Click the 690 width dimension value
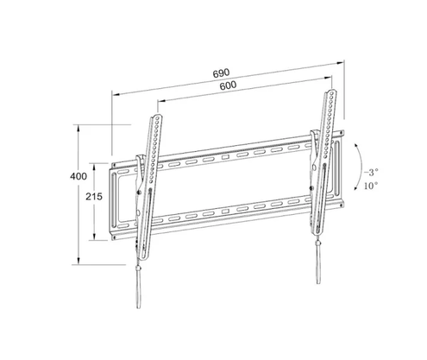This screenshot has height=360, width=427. pyautogui.click(x=222, y=74)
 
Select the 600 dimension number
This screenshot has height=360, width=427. pyautogui.click(x=228, y=86)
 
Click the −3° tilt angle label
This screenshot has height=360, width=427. pyautogui.click(x=371, y=172)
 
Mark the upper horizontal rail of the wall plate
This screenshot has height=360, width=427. pyautogui.click(x=233, y=158)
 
